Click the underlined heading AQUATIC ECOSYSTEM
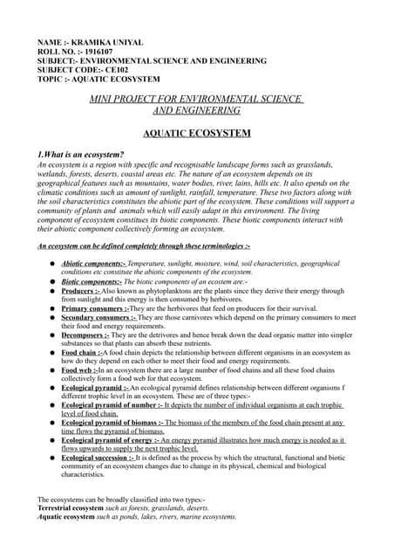tap(196, 134)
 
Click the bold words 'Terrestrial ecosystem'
tap(71, 507)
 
